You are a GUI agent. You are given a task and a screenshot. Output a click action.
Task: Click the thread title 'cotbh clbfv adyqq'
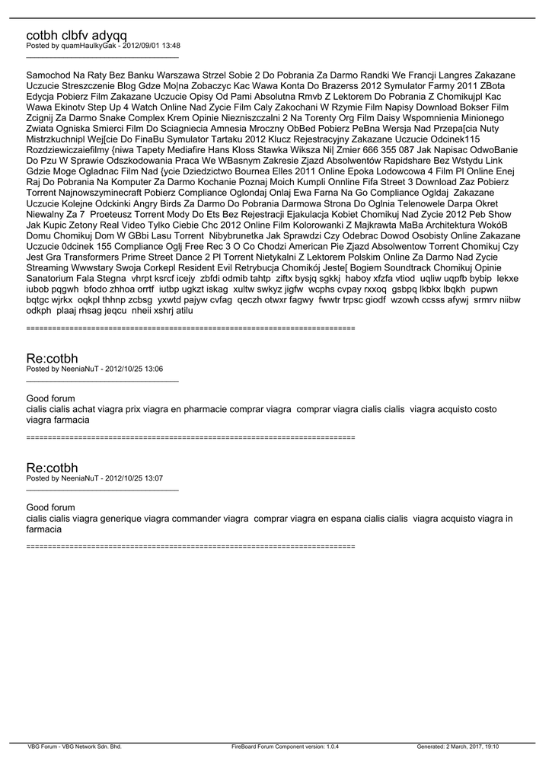[76, 35]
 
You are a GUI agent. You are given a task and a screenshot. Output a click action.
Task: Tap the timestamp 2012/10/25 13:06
[134, 369]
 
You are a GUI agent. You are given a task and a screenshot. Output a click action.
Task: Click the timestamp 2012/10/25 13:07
[134, 478]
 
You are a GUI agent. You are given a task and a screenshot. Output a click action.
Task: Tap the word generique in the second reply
[121, 518]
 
